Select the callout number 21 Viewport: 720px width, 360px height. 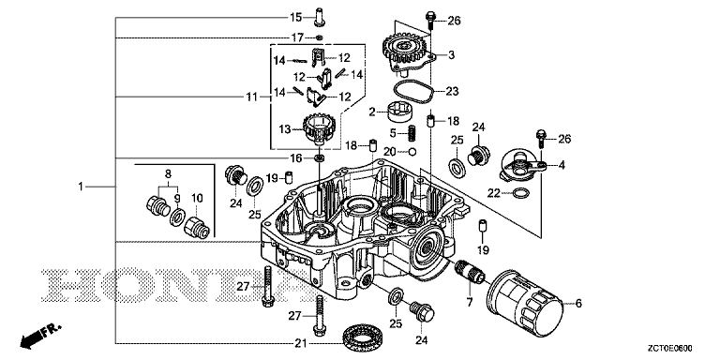(300, 342)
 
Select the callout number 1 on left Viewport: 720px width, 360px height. (81, 187)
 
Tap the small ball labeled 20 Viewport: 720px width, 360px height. (412, 152)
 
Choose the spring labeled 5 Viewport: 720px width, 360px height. (412, 134)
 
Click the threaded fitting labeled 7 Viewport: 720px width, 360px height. (470, 272)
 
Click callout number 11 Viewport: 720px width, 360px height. (251, 97)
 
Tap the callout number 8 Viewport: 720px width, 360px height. (168, 174)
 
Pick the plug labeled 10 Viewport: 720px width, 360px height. (197, 225)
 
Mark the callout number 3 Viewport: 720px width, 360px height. (451, 55)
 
